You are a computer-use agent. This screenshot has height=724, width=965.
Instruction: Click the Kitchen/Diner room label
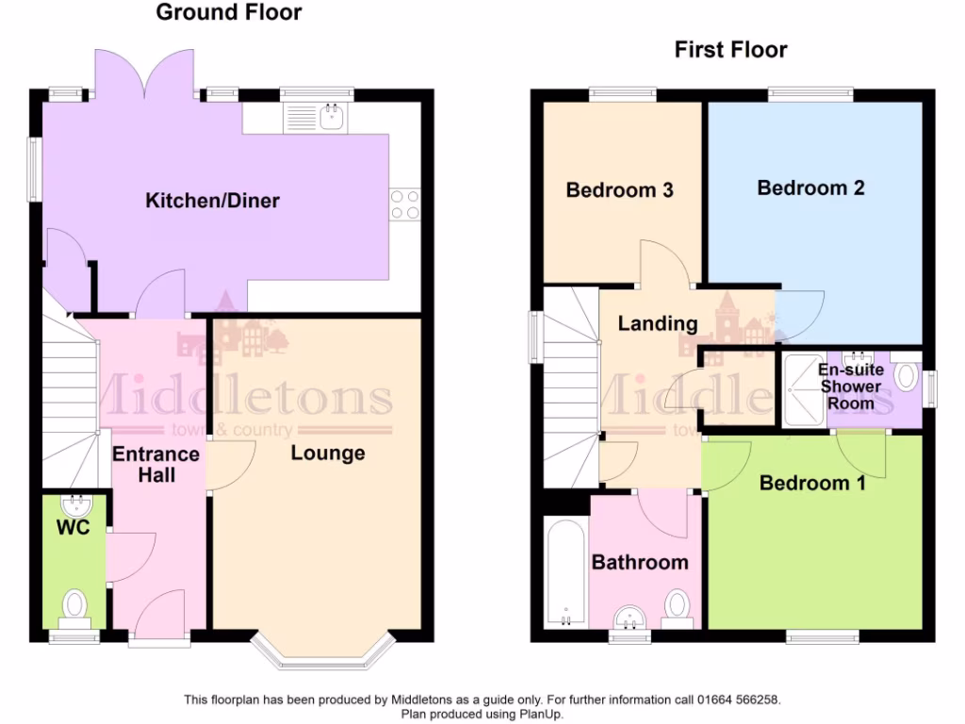(212, 201)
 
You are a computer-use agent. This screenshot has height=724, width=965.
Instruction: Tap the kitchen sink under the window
(331, 118)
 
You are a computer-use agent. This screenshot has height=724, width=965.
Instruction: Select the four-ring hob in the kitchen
(405, 204)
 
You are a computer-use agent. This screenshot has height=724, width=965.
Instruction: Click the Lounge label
(327, 453)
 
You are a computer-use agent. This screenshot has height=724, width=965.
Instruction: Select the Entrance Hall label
(155, 464)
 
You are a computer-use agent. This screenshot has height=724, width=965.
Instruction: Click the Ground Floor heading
(229, 12)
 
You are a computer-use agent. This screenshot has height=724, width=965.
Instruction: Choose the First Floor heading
(730, 50)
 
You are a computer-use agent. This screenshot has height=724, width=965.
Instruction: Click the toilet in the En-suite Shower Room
(907, 377)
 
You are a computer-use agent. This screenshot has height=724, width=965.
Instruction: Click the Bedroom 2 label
(810, 188)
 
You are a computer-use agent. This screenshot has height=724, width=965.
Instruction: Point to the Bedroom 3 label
(619, 190)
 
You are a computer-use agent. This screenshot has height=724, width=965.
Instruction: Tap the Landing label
(657, 323)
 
